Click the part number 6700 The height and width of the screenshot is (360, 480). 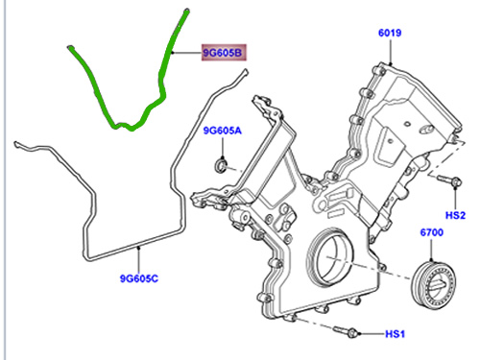click(431, 233)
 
